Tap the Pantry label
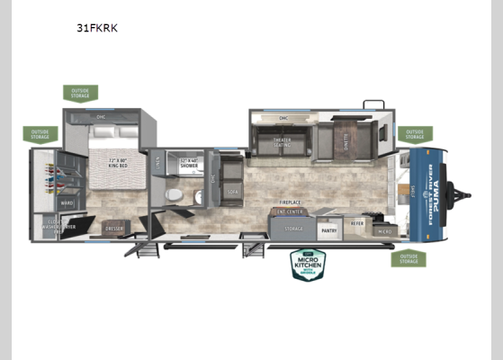(x=328, y=229)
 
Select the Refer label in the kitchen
(x=358, y=222)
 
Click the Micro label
(x=385, y=231)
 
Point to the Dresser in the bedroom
(x=115, y=228)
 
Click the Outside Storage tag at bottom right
(x=408, y=259)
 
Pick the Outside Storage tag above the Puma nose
(x=413, y=134)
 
